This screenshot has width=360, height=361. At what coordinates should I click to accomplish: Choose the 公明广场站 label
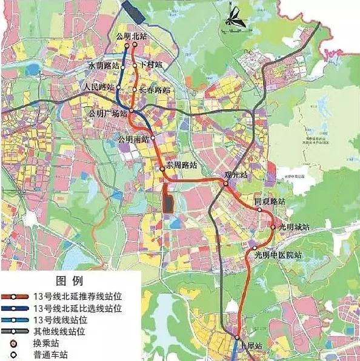107,113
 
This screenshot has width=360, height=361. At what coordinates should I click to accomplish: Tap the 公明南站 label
134,138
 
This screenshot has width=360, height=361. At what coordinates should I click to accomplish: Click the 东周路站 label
182,165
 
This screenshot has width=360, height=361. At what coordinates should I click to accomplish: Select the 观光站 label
236,175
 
